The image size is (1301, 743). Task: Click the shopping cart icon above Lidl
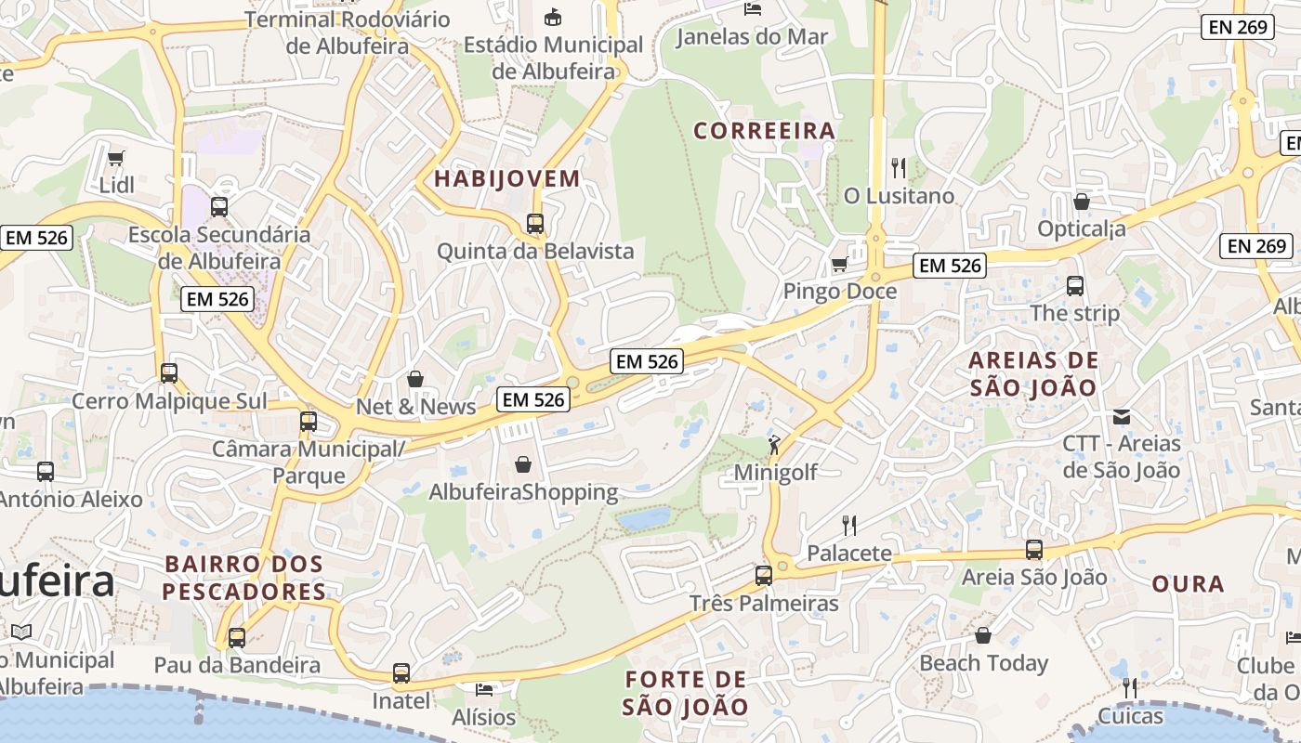(116, 158)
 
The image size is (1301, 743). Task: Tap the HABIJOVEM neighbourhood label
(507, 178)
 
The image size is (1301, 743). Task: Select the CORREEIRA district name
(765, 131)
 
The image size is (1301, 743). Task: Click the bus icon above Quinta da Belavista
(535, 224)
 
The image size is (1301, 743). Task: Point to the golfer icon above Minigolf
(774, 446)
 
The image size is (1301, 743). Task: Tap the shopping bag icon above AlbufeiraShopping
(523, 463)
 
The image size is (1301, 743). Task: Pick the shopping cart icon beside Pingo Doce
(840, 265)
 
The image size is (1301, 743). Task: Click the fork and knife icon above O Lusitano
(899, 168)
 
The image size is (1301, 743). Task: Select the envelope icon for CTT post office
(1122, 416)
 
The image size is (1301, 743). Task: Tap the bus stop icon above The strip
(1075, 286)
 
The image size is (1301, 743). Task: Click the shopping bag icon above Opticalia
(1082, 202)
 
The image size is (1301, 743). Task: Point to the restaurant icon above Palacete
(849, 526)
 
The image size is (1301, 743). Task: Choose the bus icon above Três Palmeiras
(764, 576)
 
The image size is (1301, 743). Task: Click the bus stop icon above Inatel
(401, 673)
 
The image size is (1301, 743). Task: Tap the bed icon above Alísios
(484, 689)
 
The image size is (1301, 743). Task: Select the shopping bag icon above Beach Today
(983, 635)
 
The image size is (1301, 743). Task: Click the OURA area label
(1188, 584)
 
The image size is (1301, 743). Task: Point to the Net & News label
(416, 407)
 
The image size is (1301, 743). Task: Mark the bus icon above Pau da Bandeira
(237, 638)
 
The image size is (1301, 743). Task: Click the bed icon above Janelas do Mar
(753, 9)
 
